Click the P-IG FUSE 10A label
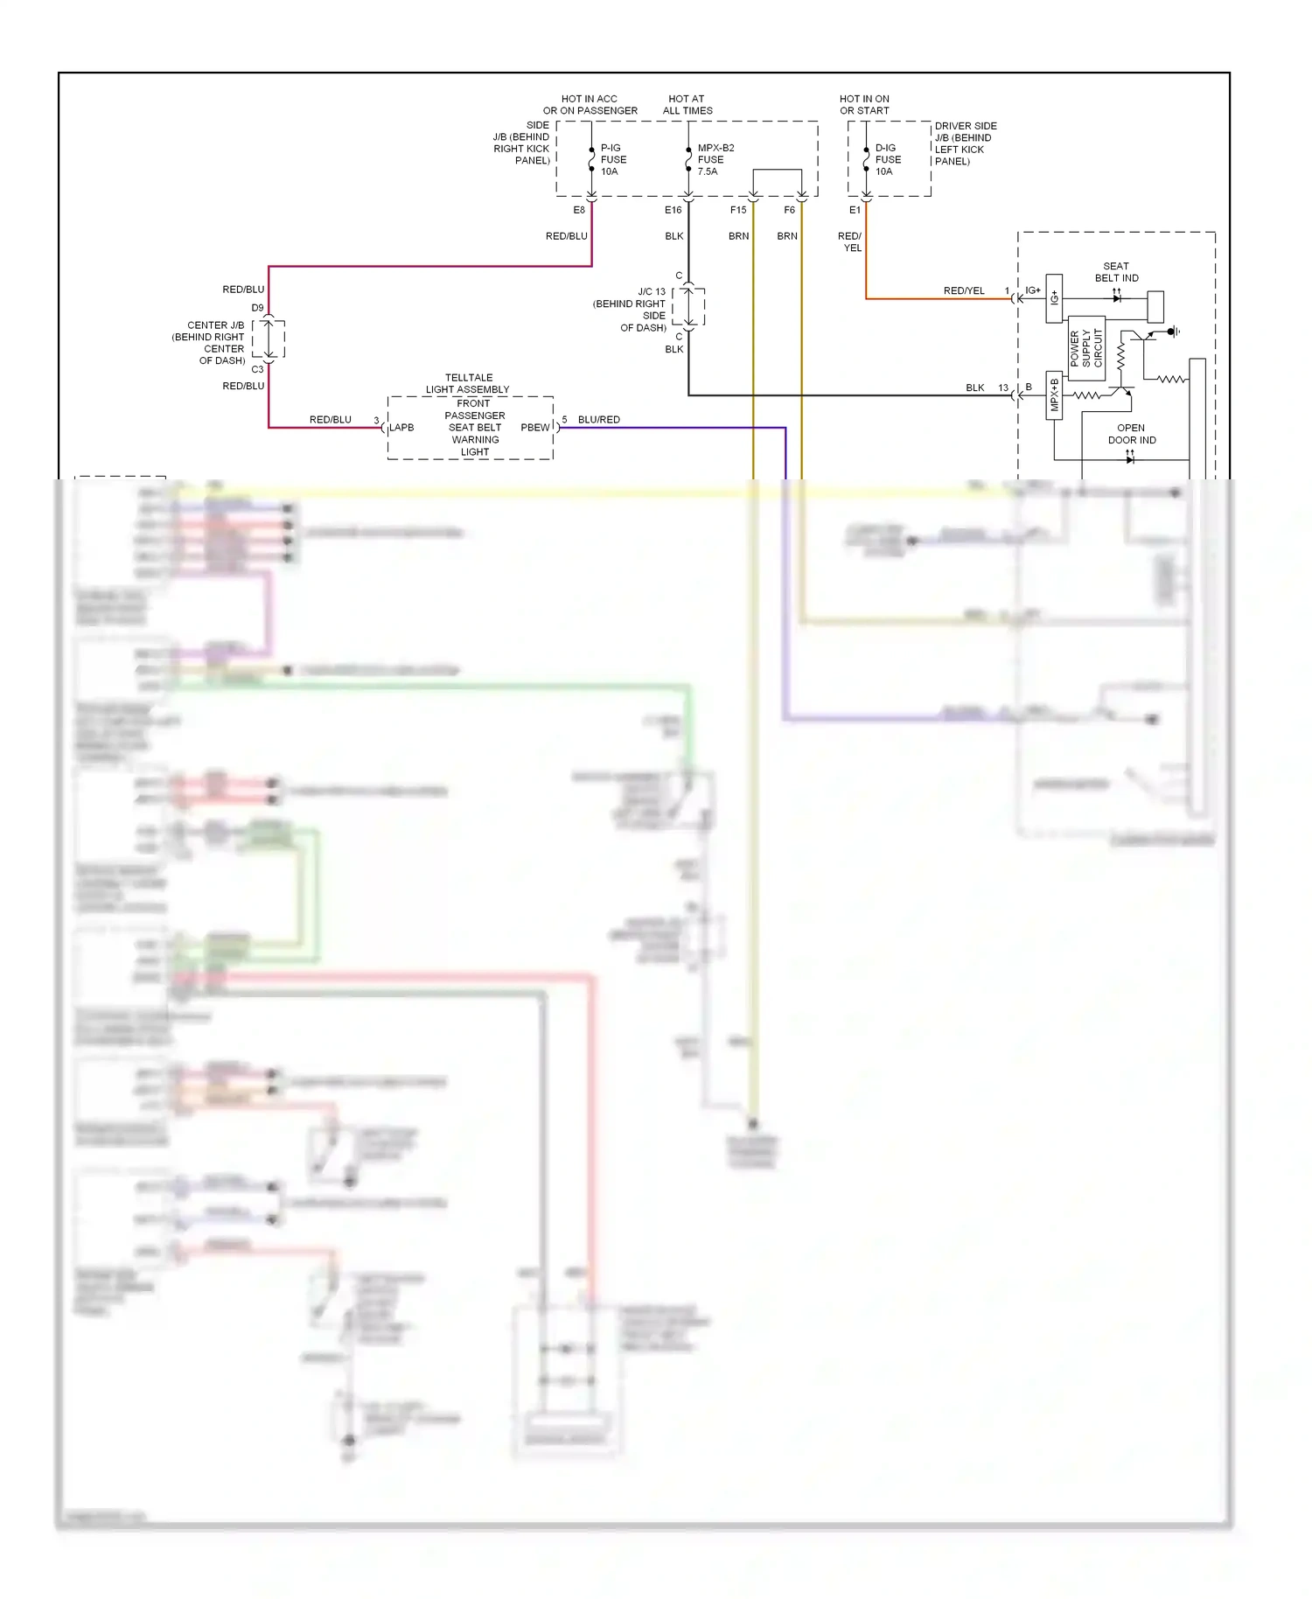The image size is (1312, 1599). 612,160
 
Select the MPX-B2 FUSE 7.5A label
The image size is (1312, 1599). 715,160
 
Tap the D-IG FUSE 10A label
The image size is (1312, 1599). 887,160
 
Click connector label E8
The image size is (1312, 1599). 579,210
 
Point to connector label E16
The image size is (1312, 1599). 673,210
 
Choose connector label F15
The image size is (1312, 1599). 738,210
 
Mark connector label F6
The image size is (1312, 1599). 789,210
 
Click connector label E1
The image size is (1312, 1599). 855,210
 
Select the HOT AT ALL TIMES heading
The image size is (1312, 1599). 687,105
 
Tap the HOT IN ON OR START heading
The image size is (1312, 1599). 864,105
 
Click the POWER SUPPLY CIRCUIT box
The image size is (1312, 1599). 1086,348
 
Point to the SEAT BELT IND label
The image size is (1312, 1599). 1116,272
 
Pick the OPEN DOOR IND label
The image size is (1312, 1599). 1131,434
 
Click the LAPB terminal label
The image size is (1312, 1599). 401,428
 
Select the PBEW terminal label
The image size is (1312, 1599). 534,428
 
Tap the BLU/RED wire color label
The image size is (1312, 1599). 598,420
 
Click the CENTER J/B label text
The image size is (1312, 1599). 209,343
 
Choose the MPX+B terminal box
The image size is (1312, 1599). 1054,395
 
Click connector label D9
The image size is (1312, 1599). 257,308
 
